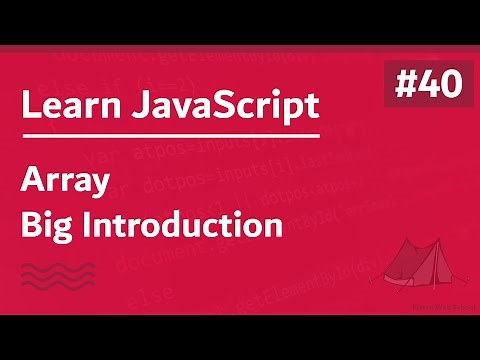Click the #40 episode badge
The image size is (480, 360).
[x=428, y=85]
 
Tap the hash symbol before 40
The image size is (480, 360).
[x=402, y=85]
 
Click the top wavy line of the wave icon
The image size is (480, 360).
[x=58, y=264]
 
